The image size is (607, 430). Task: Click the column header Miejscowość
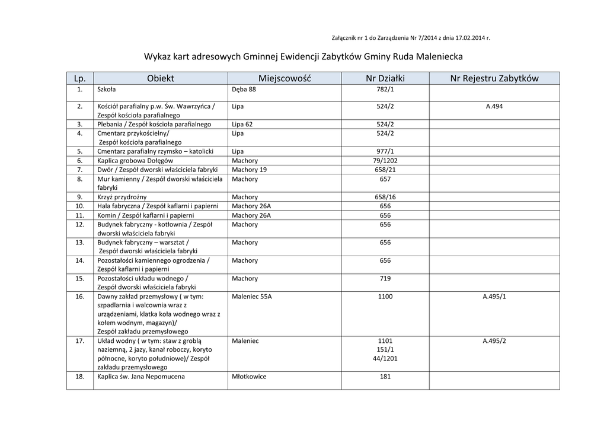tap(285, 78)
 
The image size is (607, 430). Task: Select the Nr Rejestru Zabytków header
tap(494, 78)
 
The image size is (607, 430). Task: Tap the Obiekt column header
tap(161, 78)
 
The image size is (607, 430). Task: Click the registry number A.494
tap(494, 107)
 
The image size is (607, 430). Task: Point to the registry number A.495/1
tap(494, 297)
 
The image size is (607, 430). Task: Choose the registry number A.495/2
tap(494, 341)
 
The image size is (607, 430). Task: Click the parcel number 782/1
tap(385, 90)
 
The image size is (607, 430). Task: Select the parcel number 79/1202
tap(385, 161)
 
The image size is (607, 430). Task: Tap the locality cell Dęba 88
tap(244, 90)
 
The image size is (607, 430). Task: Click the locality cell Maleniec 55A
tap(252, 297)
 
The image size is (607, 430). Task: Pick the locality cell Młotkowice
tap(249, 377)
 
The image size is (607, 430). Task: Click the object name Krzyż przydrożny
tap(122, 197)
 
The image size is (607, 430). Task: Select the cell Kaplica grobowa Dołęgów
tap(135, 161)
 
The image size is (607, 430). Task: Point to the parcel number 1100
tap(385, 297)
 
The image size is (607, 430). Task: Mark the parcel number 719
tap(385, 279)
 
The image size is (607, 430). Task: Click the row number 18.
tap(79, 377)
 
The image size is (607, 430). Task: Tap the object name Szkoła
tap(107, 90)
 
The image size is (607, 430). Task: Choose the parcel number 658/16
tap(385, 197)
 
